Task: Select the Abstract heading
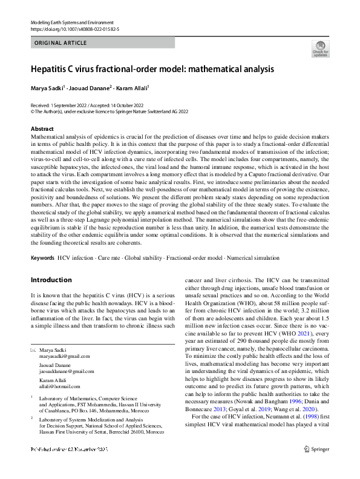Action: pos(42,129)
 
